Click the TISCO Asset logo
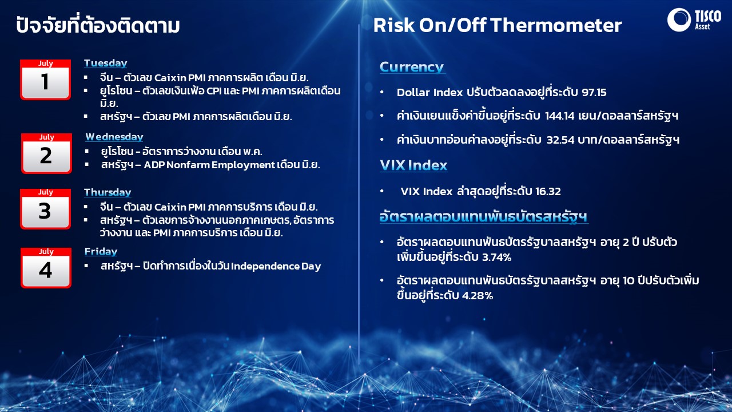point(694,19)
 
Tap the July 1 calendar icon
point(45,80)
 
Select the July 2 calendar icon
point(46,153)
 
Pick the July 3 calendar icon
point(45,209)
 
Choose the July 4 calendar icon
point(46,268)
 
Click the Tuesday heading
point(106,63)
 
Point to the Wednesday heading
point(114,137)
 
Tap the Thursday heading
point(108,192)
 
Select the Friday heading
point(101,251)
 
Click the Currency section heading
point(412,67)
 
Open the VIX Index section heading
point(413,165)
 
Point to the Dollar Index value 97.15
point(594,93)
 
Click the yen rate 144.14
point(559,116)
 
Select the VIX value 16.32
point(548,191)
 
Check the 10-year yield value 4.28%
point(477,296)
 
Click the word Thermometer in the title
point(556,25)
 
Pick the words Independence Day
point(276,266)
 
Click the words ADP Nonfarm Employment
point(209,165)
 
